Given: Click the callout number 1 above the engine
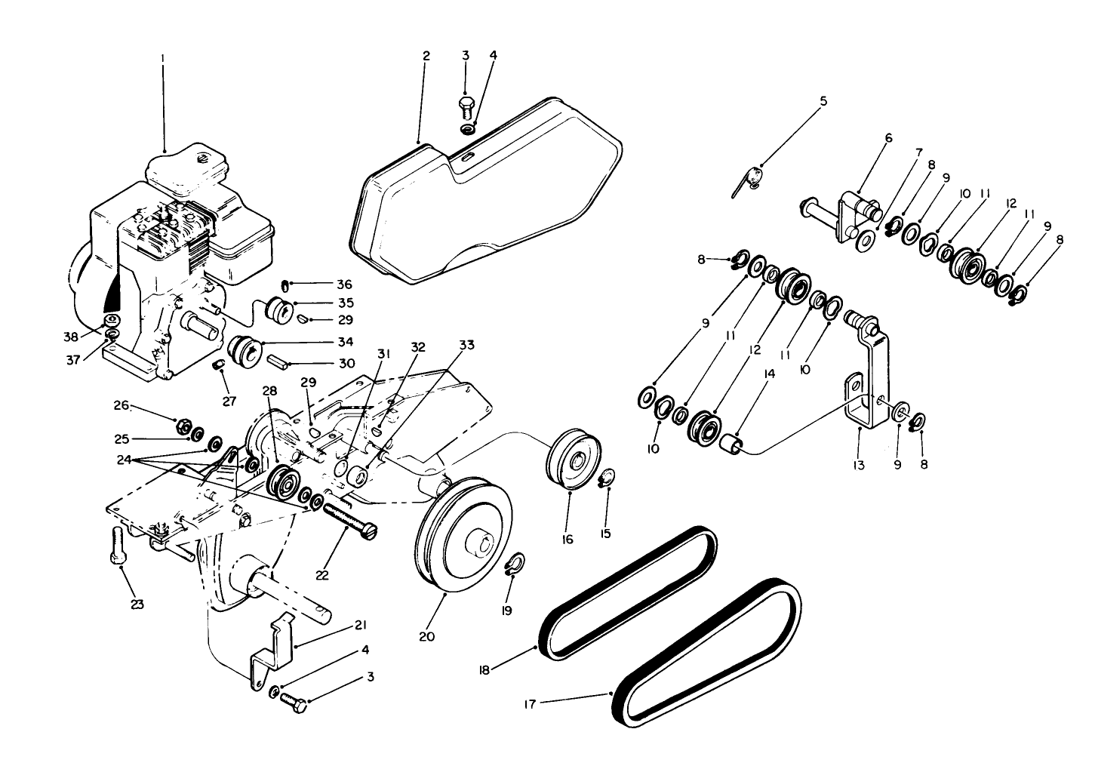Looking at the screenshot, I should pyautogui.click(x=162, y=57).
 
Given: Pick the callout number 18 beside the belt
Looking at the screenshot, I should pyautogui.click(x=484, y=669).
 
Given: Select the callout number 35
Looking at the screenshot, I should pyautogui.click(x=346, y=303).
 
